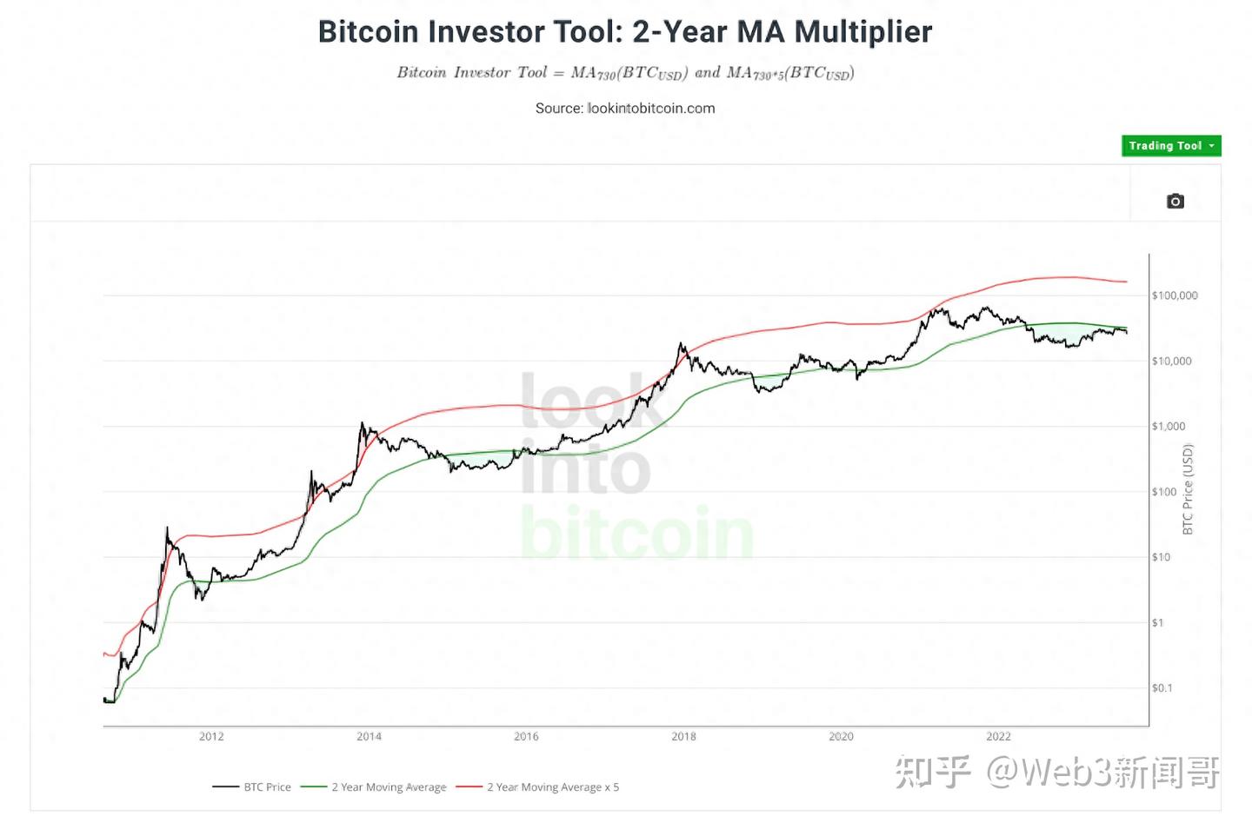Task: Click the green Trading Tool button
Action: pyautogui.click(x=1170, y=146)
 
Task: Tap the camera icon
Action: pyautogui.click(x=1175, y=202)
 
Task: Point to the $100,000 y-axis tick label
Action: pyautogui.click(x=1175, y=295)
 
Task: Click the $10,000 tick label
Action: pyautogui.click(x=1171, y=361)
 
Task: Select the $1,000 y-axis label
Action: pyautogui.click(x=1169, y=426)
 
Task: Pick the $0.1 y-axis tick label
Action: pyautogui.click(x=1162, y=687)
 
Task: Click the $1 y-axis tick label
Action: pyautogui.click(x=1157, y=622)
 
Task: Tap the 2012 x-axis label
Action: pyautogui.click(x=211, y=736)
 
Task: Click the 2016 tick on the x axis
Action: pyautogui.click(x=526, y=736)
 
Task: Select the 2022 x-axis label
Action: pyautogui.click(x=998, y=736)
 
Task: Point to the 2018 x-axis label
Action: pyautogui.click(x=683, y=736)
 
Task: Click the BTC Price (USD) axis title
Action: pyautogui.click(x=1189, y=489)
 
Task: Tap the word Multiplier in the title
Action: pyautogui.click(x=862, y=32)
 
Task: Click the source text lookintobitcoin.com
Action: pyautogui.click(x=651, y=109)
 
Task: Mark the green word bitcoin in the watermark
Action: pyautogui.click(x=636, y=533)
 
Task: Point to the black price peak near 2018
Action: pyautogui.click(x=682, y=344)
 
